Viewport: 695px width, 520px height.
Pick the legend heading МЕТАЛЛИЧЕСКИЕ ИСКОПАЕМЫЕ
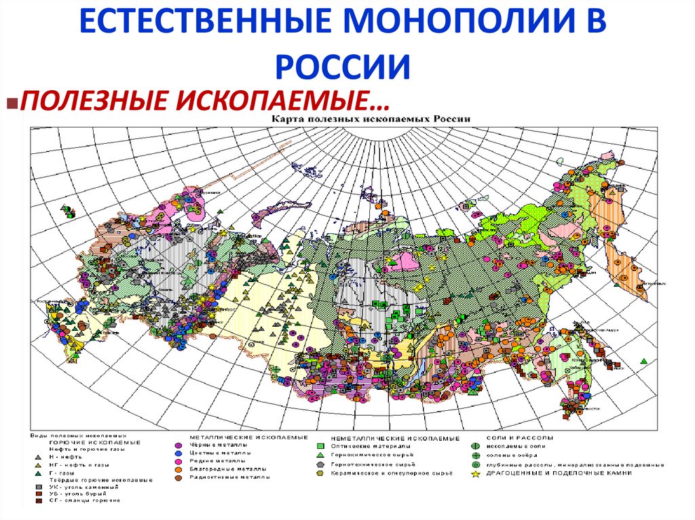click(x=248, y=437)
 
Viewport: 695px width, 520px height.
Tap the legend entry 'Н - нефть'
click(x=64, y=457)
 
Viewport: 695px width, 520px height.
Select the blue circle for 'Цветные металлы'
click(x=177, y=452)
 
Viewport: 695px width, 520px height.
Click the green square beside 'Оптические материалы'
click(x=319, y=447)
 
